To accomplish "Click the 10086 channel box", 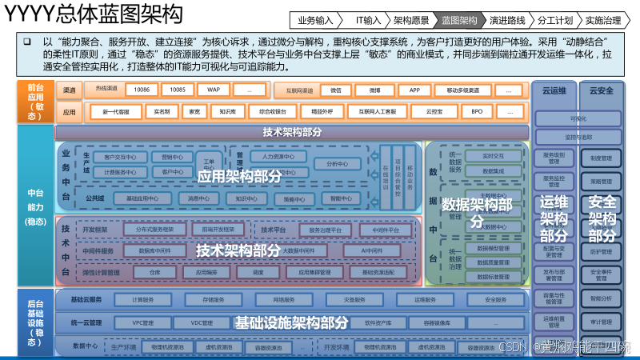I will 142,90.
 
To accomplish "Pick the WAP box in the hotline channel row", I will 212,90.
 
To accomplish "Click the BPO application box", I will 477,112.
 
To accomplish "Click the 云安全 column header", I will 601,90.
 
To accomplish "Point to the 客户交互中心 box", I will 117,157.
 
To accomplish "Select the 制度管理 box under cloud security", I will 601,158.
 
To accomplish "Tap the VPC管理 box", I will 148,323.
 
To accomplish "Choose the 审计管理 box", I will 601,322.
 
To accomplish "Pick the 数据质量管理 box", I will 494,262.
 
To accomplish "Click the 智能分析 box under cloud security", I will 601,298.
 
